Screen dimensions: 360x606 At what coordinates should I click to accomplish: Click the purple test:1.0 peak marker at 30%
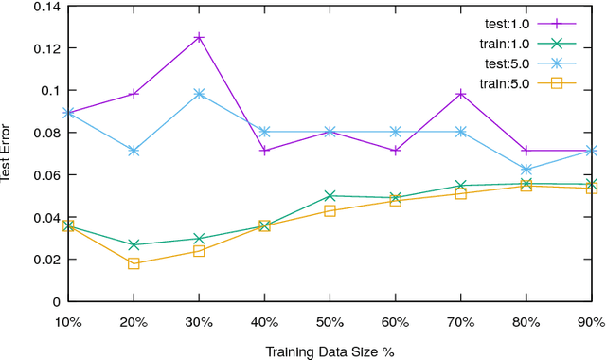[199, 38]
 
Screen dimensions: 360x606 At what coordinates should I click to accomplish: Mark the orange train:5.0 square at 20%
[134, 263]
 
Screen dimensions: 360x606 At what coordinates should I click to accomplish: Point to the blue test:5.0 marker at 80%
[526, 170]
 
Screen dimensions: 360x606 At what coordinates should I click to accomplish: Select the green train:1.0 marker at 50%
[330, 196]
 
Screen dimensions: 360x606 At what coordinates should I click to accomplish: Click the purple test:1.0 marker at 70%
[461, 94]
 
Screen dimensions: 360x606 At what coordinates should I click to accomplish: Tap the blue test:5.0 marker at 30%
[199, 94]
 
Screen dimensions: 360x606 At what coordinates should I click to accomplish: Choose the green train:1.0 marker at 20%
[134, 245]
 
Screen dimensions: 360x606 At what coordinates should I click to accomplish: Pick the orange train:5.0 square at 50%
[330, 210]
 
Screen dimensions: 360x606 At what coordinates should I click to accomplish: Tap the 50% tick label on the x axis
[330, 321]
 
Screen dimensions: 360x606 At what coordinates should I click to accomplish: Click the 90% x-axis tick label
[591, 321]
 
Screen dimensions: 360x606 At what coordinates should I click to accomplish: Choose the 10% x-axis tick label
[68, 321]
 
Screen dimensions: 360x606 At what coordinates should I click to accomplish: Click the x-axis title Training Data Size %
[330, 350]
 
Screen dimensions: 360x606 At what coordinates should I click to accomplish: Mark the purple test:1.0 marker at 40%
[264, 151]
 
